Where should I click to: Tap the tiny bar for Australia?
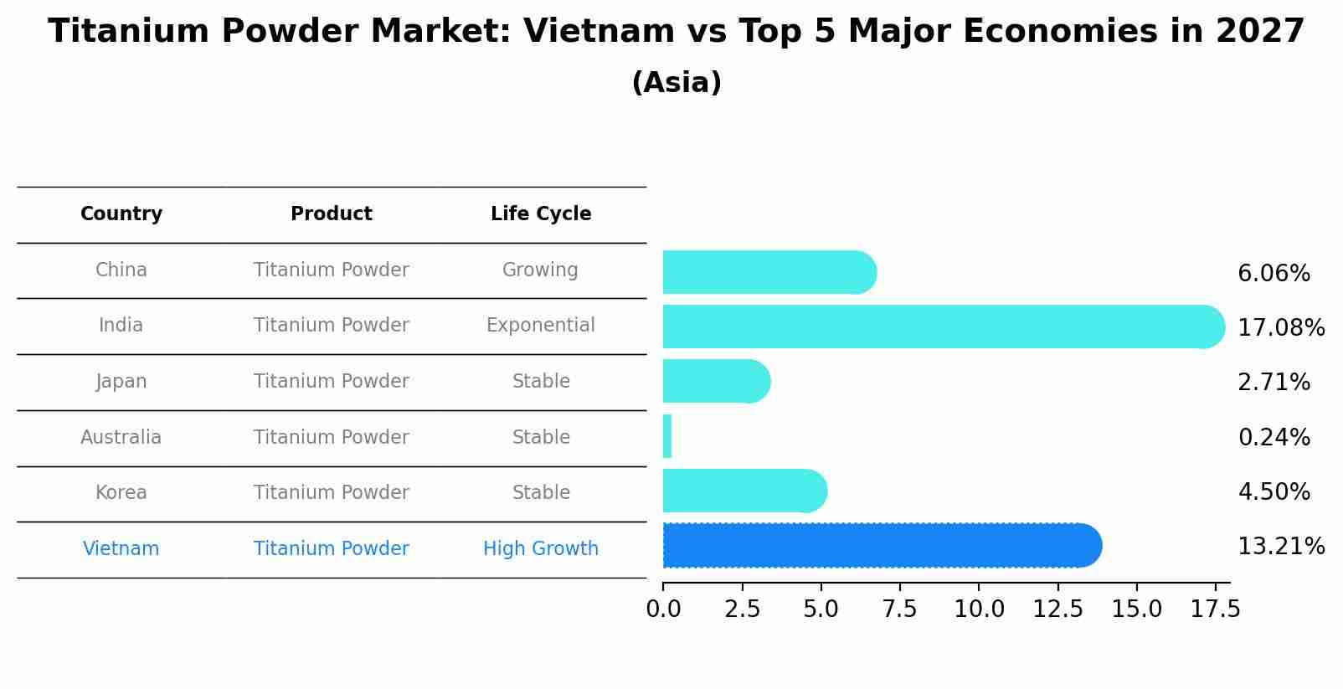(667, 436)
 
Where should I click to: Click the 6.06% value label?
(1273, 274)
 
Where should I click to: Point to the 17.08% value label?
(1280, 327)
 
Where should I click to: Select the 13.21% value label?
(1280, 547)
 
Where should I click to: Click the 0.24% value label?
(1273, 437)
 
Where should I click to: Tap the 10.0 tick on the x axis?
(979, 609)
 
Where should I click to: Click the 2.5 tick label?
(742, 609)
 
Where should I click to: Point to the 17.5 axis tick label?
(1215, 609)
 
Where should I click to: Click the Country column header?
(121, 214)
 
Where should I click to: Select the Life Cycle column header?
(541, 214)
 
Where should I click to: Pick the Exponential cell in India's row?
(541, 326)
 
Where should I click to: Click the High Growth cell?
(541, 549)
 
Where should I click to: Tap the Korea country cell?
(121, 493)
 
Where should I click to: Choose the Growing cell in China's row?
(540, 270)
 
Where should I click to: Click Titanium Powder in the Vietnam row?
(332, 549)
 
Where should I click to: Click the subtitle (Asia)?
(677, 83)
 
